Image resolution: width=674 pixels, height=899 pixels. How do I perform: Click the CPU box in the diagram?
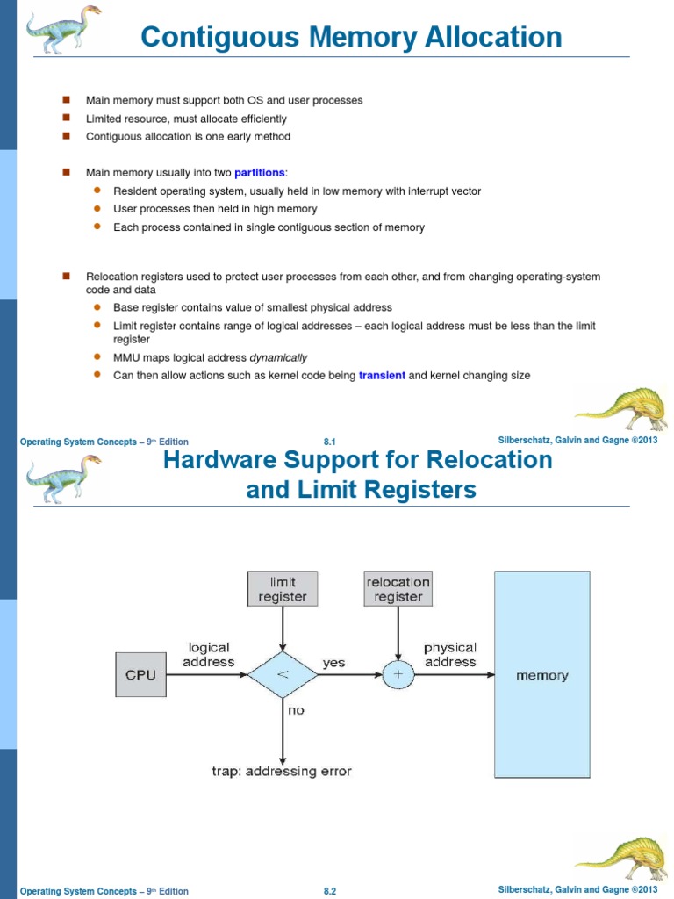coord(140,675)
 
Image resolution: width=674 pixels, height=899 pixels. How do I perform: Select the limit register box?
coord(283,589)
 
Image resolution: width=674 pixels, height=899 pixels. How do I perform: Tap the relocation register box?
coord(398,589)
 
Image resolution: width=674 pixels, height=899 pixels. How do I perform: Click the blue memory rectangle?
coord(542,674)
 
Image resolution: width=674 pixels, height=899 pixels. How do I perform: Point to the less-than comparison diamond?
coord(283,675)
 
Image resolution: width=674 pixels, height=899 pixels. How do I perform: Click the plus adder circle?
coord(398,675)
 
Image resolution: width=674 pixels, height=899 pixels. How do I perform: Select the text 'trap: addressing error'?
coord(282,771)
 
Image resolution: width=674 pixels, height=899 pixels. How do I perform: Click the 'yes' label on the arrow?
coord(333,664)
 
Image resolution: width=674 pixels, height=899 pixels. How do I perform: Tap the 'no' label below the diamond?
coord(296,710)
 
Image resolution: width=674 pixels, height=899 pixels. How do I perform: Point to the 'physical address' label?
coord(450,654)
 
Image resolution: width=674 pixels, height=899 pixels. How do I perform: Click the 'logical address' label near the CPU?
coord(209,654)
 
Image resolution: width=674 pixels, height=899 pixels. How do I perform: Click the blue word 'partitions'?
coord(260,173)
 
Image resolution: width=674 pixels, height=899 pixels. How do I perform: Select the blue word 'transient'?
coord(382,376)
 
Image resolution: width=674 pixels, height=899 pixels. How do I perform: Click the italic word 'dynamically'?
coord(278,357)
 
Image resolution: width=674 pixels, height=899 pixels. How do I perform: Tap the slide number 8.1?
coord(331,442)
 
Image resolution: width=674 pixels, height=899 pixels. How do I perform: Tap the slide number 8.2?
coord(331,891)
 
